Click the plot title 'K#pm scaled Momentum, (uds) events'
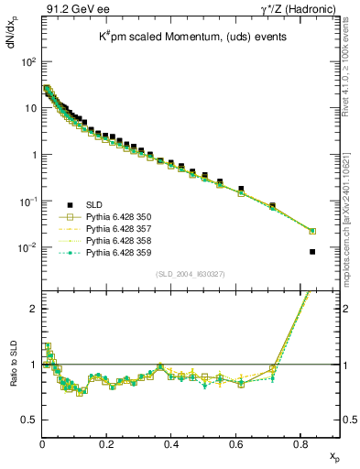pyautogui.click(x=183, y=38)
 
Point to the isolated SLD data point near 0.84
pyautogui.click(x=312, y=252)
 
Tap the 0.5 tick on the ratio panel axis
pyautogui.click(x=27, y=420)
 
